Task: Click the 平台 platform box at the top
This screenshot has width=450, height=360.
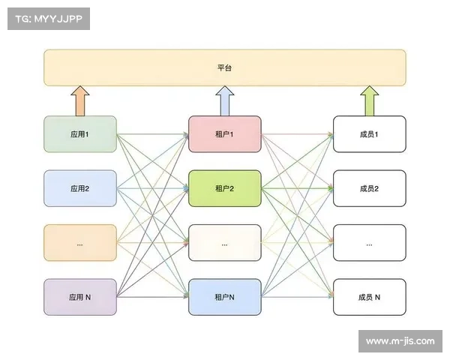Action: (x=225, y=67)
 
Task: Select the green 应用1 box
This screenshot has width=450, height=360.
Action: (x=80, y=135)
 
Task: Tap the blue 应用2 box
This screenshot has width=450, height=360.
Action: (x=80, y=189)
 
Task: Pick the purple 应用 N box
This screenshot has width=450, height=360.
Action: (x=80, y=297)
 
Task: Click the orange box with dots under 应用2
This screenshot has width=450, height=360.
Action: (x=80, y=243)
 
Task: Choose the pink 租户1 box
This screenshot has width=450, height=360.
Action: (x=225, y=135)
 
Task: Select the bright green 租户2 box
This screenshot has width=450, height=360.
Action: (x=225, y=189)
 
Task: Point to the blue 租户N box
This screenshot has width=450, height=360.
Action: (x=225, y=297)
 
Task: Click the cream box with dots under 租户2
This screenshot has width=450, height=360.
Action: (x=225, y=243)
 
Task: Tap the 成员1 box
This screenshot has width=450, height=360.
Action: (x=369, y=135)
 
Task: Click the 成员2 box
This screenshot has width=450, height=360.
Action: (x=369, y=189)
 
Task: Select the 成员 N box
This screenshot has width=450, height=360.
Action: (x=369, y=297)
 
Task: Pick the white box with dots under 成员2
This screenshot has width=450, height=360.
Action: (x=369, y=243)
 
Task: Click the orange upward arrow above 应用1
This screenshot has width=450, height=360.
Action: (x=80, y=100)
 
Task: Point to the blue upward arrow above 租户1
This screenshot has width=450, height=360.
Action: (x=225, y=100)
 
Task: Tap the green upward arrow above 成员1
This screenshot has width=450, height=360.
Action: (x=369, y=100)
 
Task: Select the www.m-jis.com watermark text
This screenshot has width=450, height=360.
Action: (x=400, y=341)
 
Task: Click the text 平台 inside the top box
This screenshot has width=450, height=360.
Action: (x=225, y=67)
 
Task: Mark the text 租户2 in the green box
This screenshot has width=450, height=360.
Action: (x=225, y=189)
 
